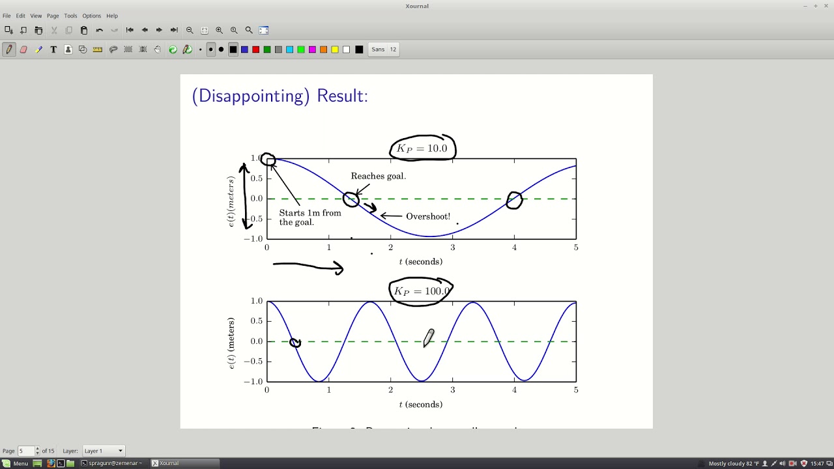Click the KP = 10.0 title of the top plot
click(x=422, y=149)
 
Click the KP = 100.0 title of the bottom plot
click(x=422, y=291)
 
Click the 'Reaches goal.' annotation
click(x=378, y=176)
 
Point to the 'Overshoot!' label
click(x=427, y=216)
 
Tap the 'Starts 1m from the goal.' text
click(x=309, y=218)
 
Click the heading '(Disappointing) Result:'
click(x=280, y=96)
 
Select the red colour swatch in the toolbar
click(x=255, y=50)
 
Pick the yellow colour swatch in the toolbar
click(x=335, y=50)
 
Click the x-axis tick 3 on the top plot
click(x=453, y=248)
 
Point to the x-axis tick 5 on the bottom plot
click(x=576, y=390)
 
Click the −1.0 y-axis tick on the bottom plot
click(x=253, y=382)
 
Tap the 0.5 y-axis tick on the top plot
click(x=256, y=178)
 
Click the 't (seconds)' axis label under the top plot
click(x=420, y=262)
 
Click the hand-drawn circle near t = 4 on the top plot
click(x=514, y=200)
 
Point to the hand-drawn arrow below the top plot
click(x=308, y=266)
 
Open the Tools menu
click(x=70, y=16)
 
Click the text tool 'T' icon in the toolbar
click(x=53, y=50)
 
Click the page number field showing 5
click(x=26, y=451)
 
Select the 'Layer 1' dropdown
click(x=103, y=451)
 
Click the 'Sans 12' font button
click(x=384, y=50)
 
